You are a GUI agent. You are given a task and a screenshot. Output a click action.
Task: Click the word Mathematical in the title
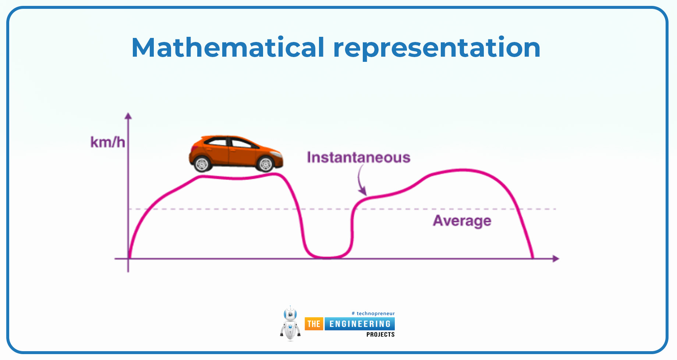pyautogui.click(x=228, y=47)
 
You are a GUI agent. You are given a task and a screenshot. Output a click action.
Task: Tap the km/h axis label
pyautogui.click(x=108, y=142)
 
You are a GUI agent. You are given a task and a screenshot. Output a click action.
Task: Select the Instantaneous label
pyautogui.click(x=359, y=158)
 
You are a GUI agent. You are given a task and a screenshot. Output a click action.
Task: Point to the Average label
pyautogui.click(x=462, y=221)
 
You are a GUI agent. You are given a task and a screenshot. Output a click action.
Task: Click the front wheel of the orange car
pyautogui.click(x=266, y=164)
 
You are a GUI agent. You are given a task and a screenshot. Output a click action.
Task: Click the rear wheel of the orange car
pyautogui.click(x=202, y=164)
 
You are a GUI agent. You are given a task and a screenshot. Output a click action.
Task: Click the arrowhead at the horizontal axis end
pyautogui.click(x=556, y=259)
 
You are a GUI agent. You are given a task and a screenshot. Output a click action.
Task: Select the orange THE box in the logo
pyautogui.click(x=314, y=324)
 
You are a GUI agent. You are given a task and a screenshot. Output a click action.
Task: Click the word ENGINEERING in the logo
pyautogui.click(x=360, y=324)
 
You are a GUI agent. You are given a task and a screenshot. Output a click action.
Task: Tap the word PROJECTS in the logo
pyautogui.click(x=380, y=335)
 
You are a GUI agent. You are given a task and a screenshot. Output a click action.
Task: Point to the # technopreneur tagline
pyautogui.click(x=373, y=314)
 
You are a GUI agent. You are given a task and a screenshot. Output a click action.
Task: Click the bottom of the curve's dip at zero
pyautogui.click(x=327, y=258)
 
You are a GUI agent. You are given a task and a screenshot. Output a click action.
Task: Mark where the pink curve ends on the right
pyautogui.click(x=533, y=258)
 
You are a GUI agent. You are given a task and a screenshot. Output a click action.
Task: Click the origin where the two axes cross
pyautogui.click(x=128, y=259)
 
